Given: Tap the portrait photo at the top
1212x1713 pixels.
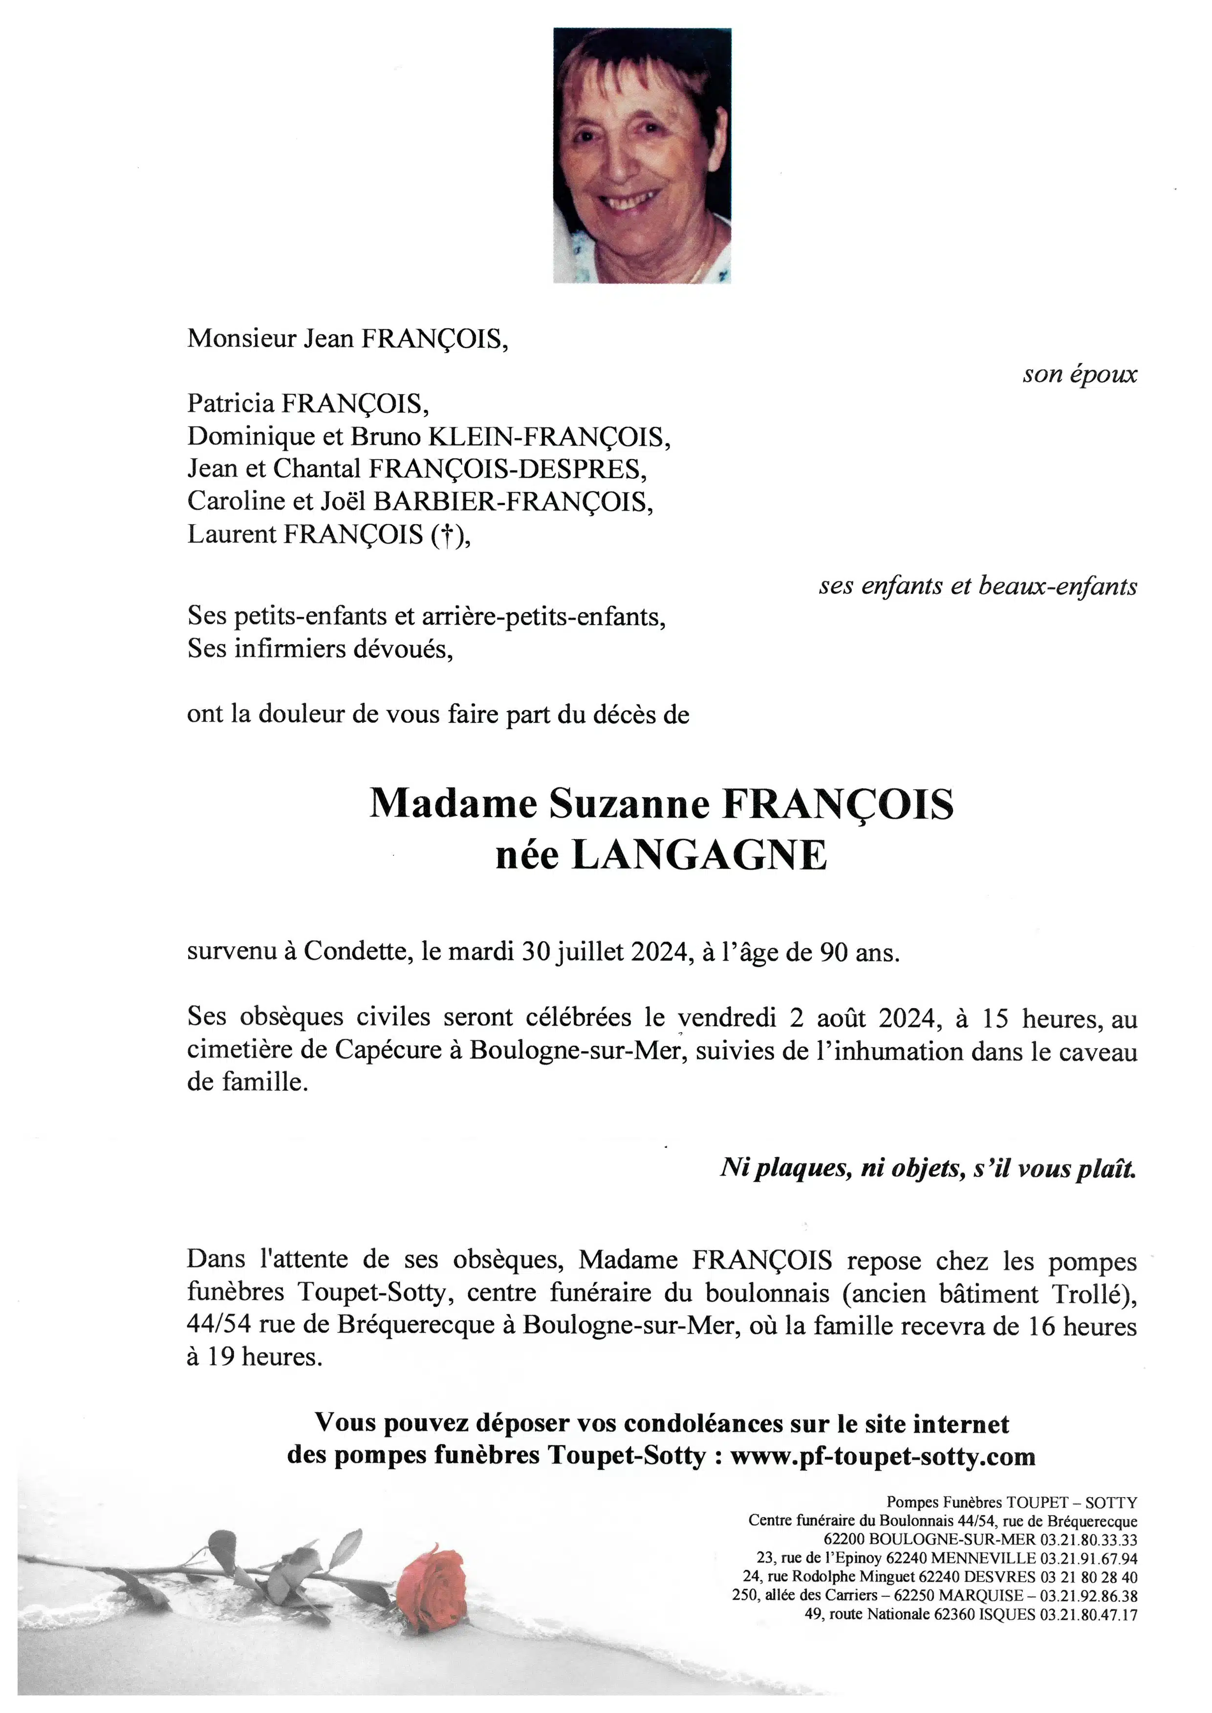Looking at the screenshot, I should point(642,155).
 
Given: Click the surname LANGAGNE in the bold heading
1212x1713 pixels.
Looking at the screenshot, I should point(699,856).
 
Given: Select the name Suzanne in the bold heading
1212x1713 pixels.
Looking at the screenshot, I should point(629,804).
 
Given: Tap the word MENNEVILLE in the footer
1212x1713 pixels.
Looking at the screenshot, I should point(983,1557).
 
